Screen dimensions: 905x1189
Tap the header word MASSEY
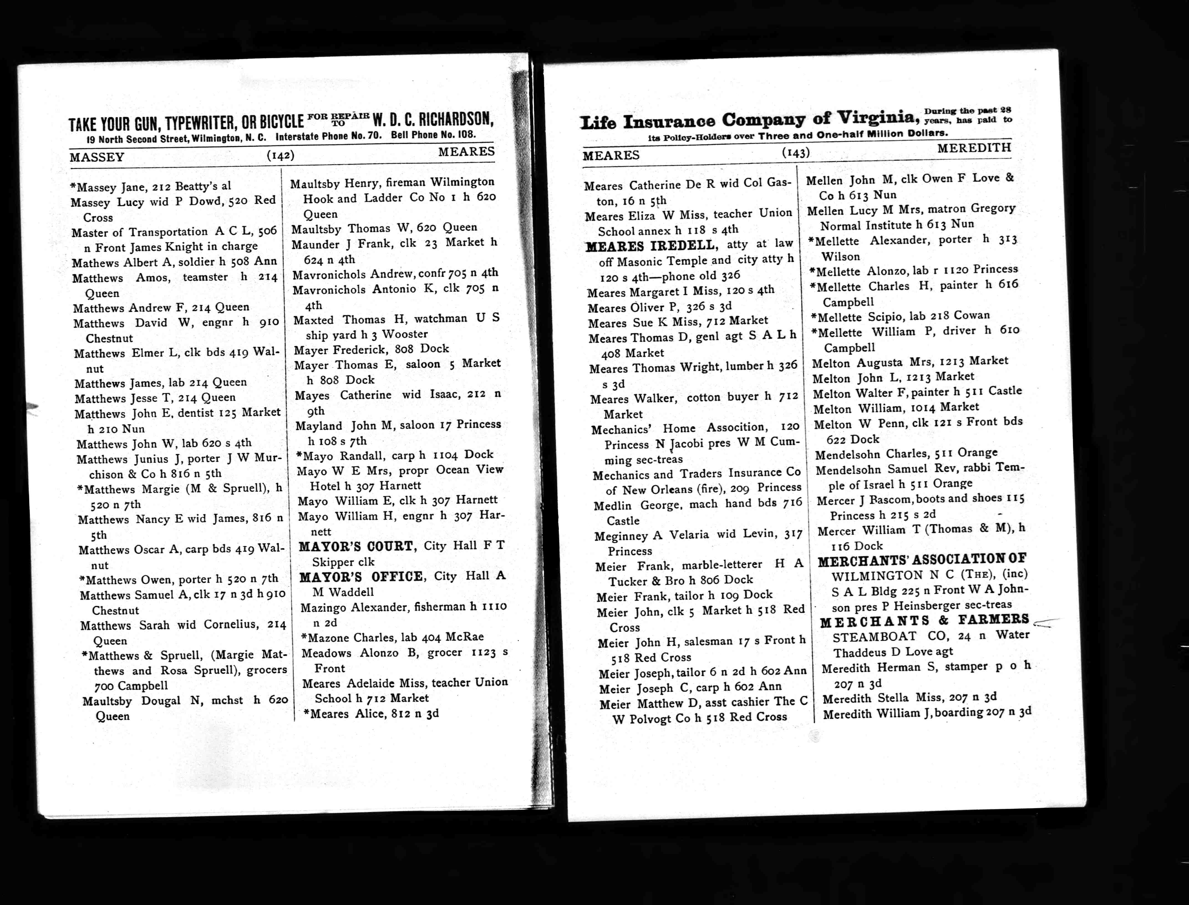click(97, 157)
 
